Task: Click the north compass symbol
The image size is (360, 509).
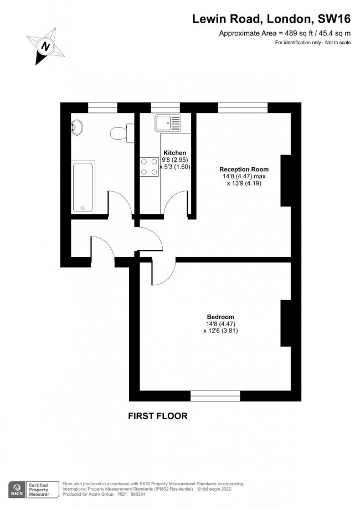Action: pos(46,47)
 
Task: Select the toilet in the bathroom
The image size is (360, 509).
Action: pos(119,133)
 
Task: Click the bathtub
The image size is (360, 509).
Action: pos(83,187)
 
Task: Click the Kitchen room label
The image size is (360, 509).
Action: pos(174,153)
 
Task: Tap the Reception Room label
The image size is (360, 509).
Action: pos(244,169)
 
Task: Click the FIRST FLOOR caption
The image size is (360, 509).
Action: pos(158,416)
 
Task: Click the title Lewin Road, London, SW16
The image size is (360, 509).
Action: pos(271,19)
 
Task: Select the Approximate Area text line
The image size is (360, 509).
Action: pos(285,34)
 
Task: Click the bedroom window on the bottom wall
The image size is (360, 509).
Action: pos(215,395)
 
